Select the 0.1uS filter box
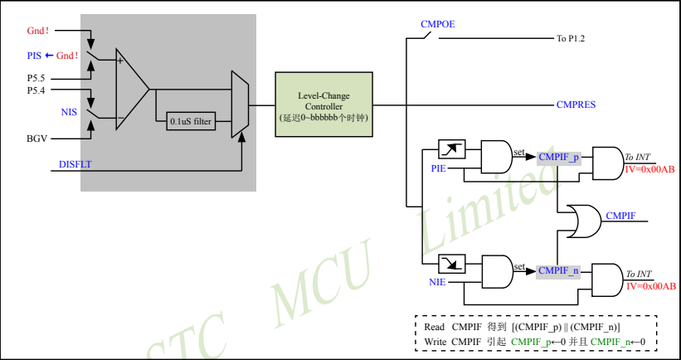[x=192, y=121]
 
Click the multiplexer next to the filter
[x=239, y=105]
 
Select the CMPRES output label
[x=576, y=105]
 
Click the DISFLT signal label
[x=75, y=164]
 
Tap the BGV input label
[x=37, y=139]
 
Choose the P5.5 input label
[x=37, y=78]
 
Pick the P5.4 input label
[x=37, y=90]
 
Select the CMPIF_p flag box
[x=557, y=157]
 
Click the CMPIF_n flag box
[x=557, y=270]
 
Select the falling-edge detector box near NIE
[x=450, y=263]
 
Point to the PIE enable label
[x=439, y=168]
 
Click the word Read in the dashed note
[x=434, y=327]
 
